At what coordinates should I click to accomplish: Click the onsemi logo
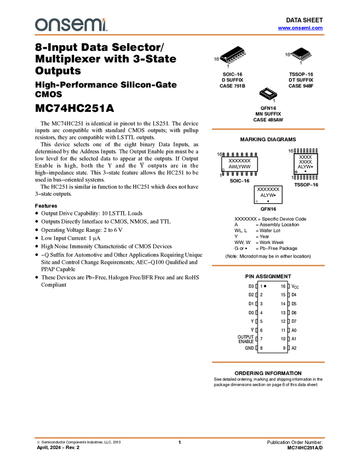pos(71,25)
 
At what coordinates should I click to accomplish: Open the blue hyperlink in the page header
pos(300,28)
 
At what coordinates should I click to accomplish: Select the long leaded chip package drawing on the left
pos(234,56)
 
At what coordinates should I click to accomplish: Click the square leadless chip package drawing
pos(268,93)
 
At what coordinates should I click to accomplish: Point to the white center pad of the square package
pos(268,93)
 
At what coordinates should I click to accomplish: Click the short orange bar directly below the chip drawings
pos(268,129)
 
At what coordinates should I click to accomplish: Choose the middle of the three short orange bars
pos(268,265)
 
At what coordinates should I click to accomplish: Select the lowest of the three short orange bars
pos(268,362)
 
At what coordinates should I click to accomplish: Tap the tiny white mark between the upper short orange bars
pos(256,201)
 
